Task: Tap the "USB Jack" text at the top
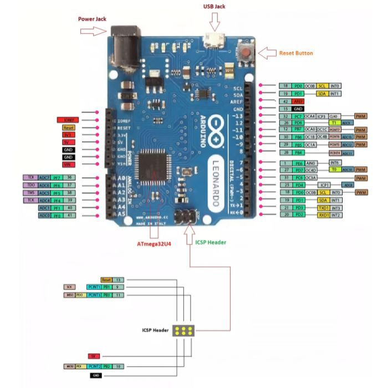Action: [x=215, y=6]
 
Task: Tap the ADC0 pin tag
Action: [x=44, y=215]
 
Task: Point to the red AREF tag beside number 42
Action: [x=298, y=101]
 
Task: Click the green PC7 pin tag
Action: [x=298, y=116]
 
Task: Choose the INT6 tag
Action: [x=335, y=162]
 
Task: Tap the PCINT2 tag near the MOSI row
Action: [x=93, y=366]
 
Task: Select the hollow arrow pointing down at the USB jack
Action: [x=215, y=22]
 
